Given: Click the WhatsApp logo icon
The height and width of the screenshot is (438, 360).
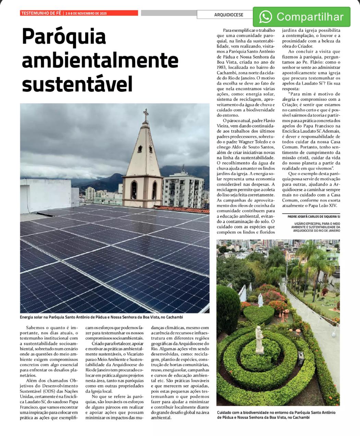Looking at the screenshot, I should pos(265,16).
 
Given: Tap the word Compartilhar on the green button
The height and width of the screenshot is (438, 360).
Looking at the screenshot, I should pos(310,17).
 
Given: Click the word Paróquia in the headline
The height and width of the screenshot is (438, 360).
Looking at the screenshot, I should pos(64,37).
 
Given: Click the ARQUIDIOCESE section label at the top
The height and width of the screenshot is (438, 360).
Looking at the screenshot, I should pos(228,15).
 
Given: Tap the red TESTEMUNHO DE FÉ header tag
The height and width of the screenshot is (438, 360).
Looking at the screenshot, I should pos(41,13).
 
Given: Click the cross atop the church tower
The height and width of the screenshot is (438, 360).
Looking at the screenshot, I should pos(146,114).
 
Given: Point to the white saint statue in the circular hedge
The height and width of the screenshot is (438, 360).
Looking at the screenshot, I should pos(260,338).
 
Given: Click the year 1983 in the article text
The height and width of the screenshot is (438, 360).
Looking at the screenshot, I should pos(223,67).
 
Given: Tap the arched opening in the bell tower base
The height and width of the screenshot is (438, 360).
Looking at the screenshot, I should pos(134,190).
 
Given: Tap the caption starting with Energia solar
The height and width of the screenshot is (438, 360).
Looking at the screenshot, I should pos(101,317).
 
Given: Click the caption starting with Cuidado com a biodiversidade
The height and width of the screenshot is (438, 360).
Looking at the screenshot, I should pos(276,415).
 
